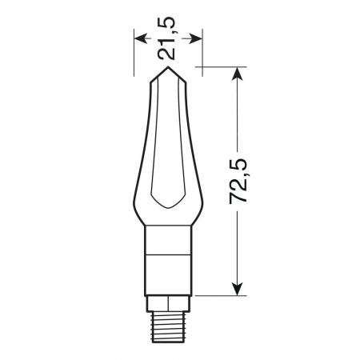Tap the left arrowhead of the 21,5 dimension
point(139,37)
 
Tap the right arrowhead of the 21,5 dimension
point(196,37)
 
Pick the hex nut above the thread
point(167,302)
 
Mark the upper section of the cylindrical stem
point(167,239)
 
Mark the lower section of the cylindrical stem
point(167,275)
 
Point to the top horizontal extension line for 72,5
point(216,67)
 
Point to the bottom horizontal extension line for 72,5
point(220,295)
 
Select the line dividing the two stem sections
point(167,256)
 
